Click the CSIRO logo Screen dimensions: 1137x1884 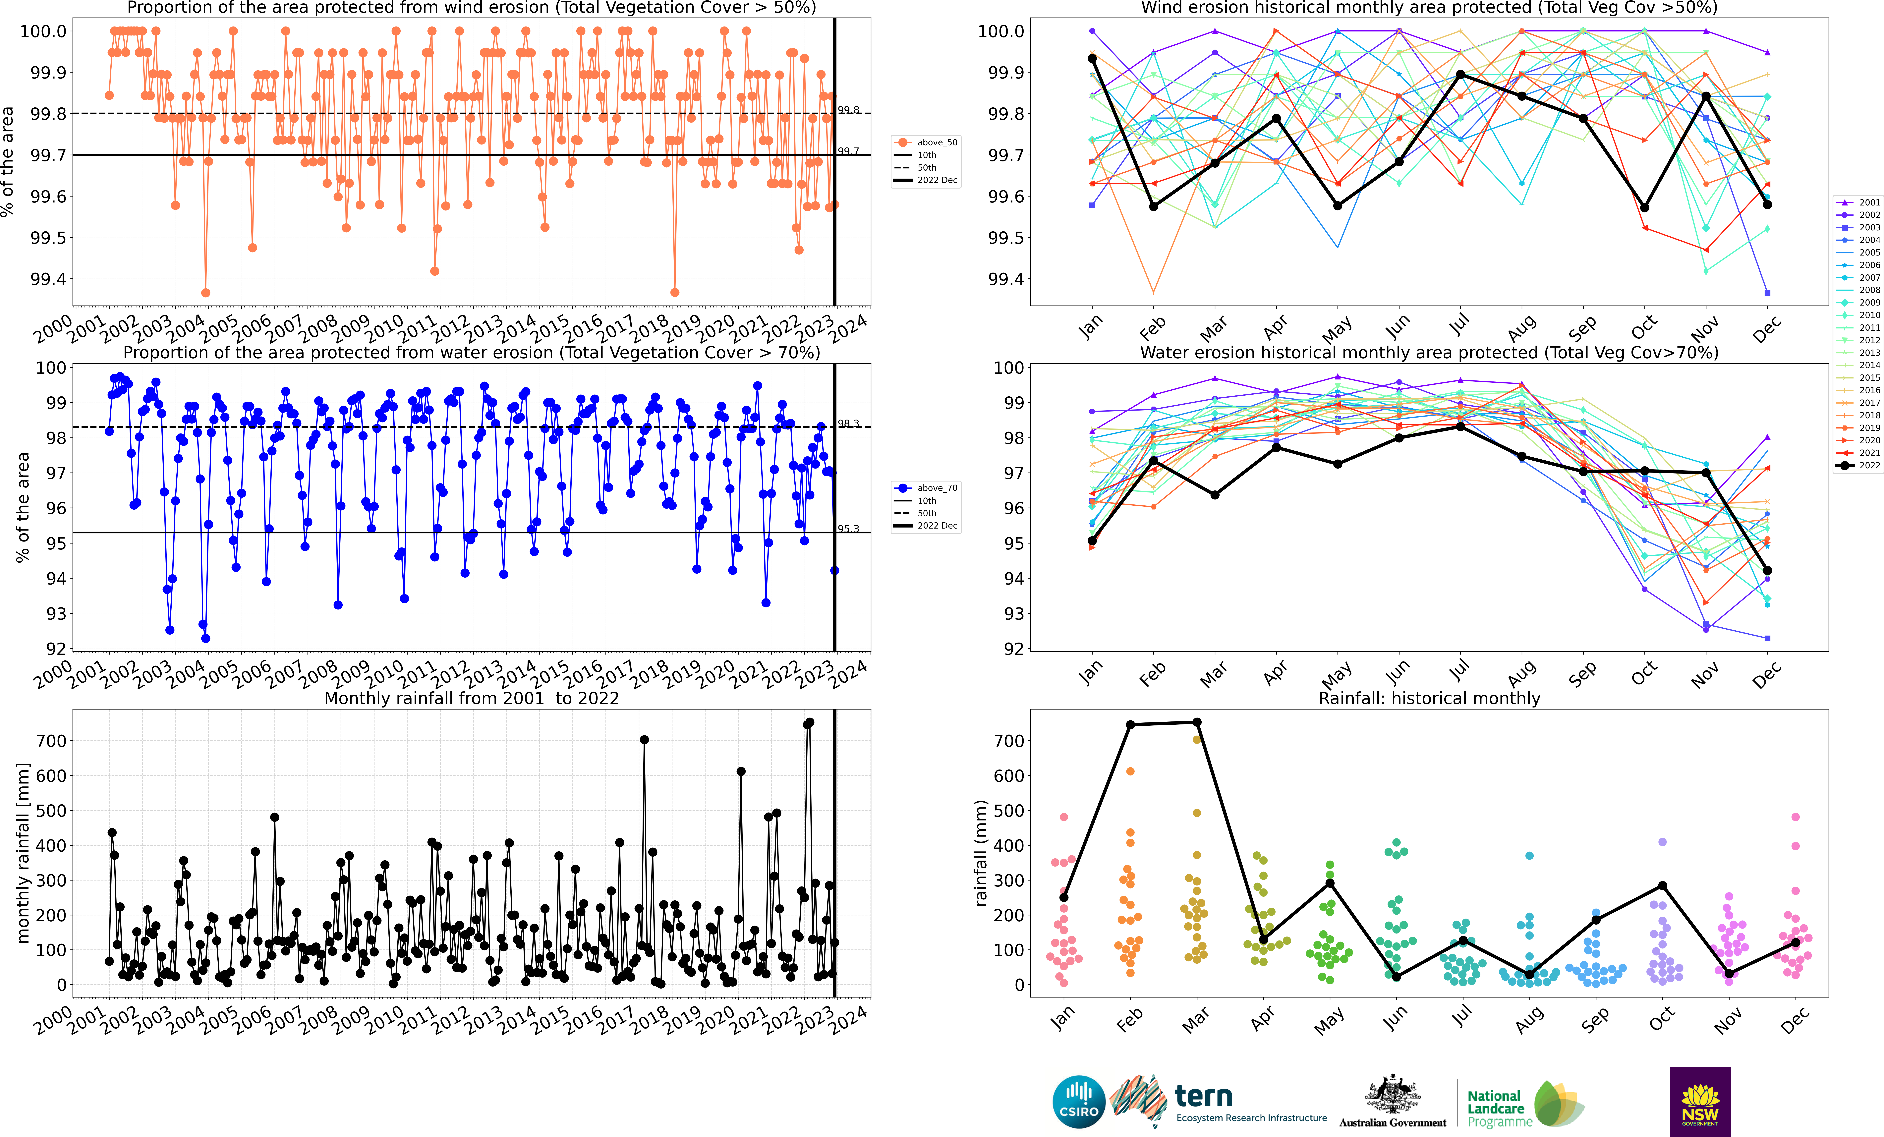pos(1079,1102)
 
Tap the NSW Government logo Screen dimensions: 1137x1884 pos(1700,1102)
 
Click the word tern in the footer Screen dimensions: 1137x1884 pos(1204,1097)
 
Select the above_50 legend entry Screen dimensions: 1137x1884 pos(927,142)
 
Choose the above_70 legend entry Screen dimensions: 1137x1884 pos(927,488)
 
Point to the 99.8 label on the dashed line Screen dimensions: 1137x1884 pos(849,110)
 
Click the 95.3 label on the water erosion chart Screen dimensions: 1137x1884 pos(849,528)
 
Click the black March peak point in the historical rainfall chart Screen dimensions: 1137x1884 pos(1197,723)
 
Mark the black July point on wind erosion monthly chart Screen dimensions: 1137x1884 pos(1460,74)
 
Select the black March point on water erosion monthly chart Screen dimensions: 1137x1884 pos(1215,495)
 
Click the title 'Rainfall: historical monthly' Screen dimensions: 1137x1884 pos(1429,698)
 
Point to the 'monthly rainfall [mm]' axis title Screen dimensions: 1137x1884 pos(23,853)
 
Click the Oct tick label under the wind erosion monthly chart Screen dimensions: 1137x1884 pos(1644,327)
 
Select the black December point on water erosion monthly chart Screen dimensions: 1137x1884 pos(1767,570)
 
